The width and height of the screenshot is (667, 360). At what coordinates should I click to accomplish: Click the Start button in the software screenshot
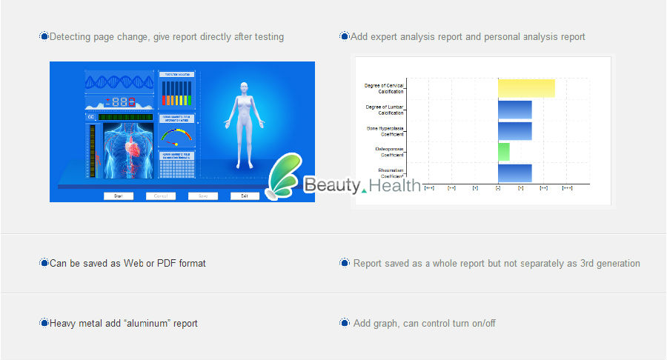click(x=119, y=196)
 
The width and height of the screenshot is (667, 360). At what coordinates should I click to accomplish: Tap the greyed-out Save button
click(x=202, y=196)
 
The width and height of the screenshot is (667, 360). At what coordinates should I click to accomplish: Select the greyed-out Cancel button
click(x=161, y=196)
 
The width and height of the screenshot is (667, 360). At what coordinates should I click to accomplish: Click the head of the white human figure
click(x=242, y=87)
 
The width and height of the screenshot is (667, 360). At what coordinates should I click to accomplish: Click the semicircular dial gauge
click(x=176, y=136)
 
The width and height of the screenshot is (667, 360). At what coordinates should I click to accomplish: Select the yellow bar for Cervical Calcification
click(x=526, y=88)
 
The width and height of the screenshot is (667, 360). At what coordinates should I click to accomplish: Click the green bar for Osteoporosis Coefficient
click(x=504, y=152)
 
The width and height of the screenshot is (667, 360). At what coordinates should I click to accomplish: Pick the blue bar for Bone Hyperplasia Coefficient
click(x=514, y=131)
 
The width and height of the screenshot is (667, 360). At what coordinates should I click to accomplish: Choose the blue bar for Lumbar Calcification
click(x=514, y=110)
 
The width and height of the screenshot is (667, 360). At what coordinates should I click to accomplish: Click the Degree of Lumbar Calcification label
click(x=385, y=110)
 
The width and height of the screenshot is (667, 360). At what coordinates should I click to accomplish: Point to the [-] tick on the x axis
click(x=498, y=188)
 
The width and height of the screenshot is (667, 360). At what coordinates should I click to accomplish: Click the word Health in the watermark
click(x=394, y=185)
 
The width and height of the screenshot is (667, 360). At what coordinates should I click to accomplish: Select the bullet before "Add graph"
click(x=345, y=323)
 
